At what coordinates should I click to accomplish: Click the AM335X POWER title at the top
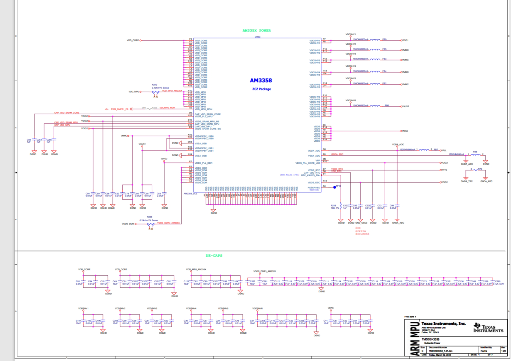256,31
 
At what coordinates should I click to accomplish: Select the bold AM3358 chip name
261,81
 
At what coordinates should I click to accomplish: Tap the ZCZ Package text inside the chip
261,89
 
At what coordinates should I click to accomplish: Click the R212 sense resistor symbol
155,92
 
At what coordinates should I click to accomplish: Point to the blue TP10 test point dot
335,187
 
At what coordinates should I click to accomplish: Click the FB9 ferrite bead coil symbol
375,40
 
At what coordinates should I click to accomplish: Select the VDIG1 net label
405,40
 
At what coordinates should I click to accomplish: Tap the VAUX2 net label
406,106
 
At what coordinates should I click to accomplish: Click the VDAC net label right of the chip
405,131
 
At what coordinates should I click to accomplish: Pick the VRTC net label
444,170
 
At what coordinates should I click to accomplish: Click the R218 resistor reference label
333,206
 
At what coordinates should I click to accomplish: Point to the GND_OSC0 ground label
361,223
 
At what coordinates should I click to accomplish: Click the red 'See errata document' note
362,231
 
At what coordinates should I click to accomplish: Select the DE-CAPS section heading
214,256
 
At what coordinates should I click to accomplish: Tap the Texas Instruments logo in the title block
488,328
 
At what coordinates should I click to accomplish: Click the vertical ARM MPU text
415,338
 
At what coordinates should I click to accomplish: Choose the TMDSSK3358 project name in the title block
430,339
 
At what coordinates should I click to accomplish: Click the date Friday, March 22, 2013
440,355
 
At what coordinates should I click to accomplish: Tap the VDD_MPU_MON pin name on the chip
203,109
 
